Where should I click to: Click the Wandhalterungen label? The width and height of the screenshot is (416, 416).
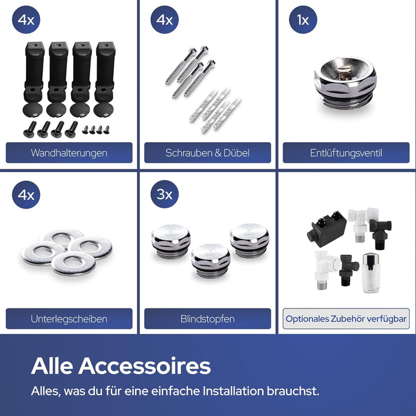click(x=69, y=153)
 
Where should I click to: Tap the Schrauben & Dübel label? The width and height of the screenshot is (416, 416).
click(x=207, y=153)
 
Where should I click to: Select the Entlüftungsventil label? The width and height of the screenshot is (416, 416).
click(x=346, y=153)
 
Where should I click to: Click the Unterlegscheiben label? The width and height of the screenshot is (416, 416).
click(x=69, y=318)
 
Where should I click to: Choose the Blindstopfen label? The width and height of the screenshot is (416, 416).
click(x=207, y=318)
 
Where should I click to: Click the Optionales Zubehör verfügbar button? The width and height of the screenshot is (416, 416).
click(x=346, y=318)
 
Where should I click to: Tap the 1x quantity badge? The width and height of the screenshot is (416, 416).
click(x=303, y=20)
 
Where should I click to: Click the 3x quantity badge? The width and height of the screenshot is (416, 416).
click(x=165, y=194)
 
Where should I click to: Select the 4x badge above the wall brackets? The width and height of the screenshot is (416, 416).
click(x=26, y=20)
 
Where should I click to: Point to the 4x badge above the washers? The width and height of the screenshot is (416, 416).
click(x=26, y=195)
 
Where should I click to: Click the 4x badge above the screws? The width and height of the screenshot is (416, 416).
click(x=165, y=20)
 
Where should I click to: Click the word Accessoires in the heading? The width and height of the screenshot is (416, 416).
click(x=144, y=366)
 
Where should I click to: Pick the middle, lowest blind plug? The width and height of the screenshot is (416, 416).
click(x=211, y=261)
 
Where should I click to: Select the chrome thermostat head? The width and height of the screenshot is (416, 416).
click(x=370, y=273)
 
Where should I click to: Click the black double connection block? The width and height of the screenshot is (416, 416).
click(x=327, y=229)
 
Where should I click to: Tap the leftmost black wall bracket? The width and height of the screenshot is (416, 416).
click(x=34, y=79)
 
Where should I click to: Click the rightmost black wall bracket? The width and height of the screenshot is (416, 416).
click(x=105, y=79)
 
